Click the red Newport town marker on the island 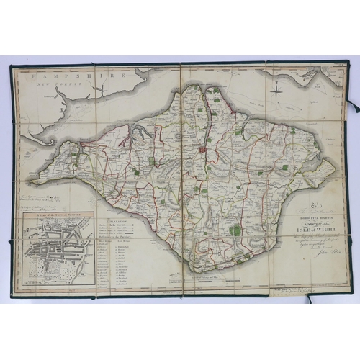(203, 150)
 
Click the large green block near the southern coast (235, 230)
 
